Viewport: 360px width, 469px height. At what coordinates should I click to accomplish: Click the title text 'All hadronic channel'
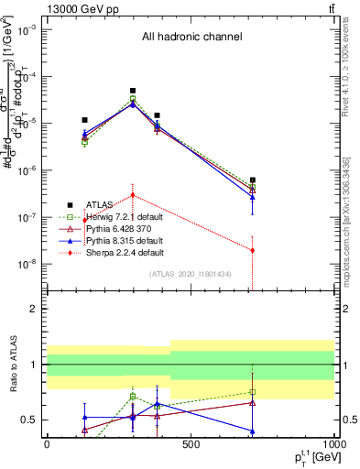tap(191, 38)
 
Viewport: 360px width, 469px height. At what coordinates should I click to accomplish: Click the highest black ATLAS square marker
tap(133, 91)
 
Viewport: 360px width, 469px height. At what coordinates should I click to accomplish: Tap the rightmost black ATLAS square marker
tap(252, 180)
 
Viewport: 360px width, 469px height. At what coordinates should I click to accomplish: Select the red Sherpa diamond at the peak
tap(133, 195)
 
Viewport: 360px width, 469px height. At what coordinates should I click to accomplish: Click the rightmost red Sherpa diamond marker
tap(252, 250)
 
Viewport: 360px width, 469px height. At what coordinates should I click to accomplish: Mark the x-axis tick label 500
tap(190, 444)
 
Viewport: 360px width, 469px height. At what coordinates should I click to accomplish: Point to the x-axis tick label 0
tap(47, 444)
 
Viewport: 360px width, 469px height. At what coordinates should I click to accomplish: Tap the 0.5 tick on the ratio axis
tap(32, 420)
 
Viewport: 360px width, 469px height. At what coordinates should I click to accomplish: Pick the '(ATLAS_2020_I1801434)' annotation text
tap(191, 274)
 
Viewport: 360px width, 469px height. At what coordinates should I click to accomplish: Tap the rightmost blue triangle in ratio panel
tap(252, 431)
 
